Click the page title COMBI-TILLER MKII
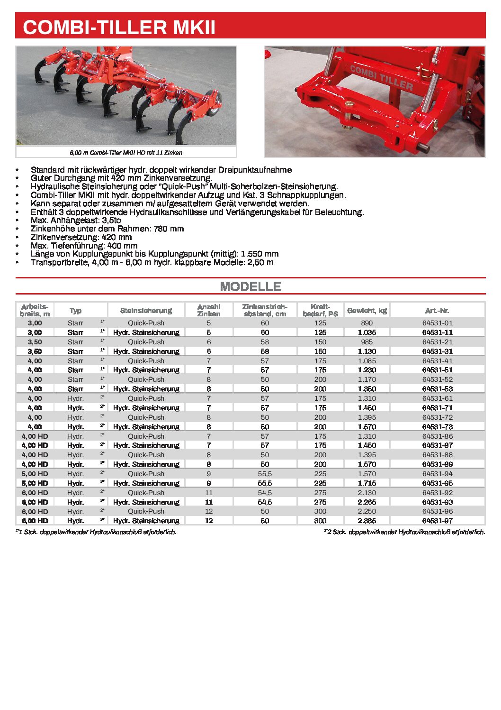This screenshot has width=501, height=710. tap(119, 27)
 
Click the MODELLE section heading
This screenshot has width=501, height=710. tap(250, 286)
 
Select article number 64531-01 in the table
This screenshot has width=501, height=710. tap(437, 323)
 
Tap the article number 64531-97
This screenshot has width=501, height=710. tap(437, 521)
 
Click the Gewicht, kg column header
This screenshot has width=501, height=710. tap(367, 311)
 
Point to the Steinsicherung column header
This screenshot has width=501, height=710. tap(146, 311)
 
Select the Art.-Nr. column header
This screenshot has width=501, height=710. tap(437, 311)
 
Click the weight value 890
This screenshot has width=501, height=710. tap(367, 323)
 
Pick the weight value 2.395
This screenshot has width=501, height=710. tap(367, 521)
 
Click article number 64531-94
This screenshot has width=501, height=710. tap(437, 474)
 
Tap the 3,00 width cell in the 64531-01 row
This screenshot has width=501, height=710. tap(35, 323)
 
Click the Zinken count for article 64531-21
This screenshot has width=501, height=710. tap(208, 342)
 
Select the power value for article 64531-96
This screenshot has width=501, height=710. tap(320, 511)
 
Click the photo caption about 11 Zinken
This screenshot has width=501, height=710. tap(126, 153)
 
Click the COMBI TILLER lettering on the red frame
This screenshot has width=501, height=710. tap(381, 78)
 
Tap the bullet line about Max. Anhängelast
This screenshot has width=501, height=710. tap(76, 220)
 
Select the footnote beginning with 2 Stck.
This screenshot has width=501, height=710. tap(405, 532)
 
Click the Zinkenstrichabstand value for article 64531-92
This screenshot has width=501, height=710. tap(264, 493)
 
